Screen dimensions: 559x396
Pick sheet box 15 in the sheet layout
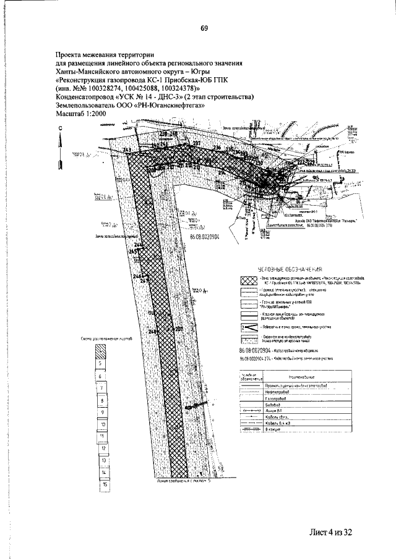[106, 485]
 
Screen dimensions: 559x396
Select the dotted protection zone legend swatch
[249, 338]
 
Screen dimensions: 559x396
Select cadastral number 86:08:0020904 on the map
[204, 237]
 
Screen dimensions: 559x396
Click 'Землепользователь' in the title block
[87, 106]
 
